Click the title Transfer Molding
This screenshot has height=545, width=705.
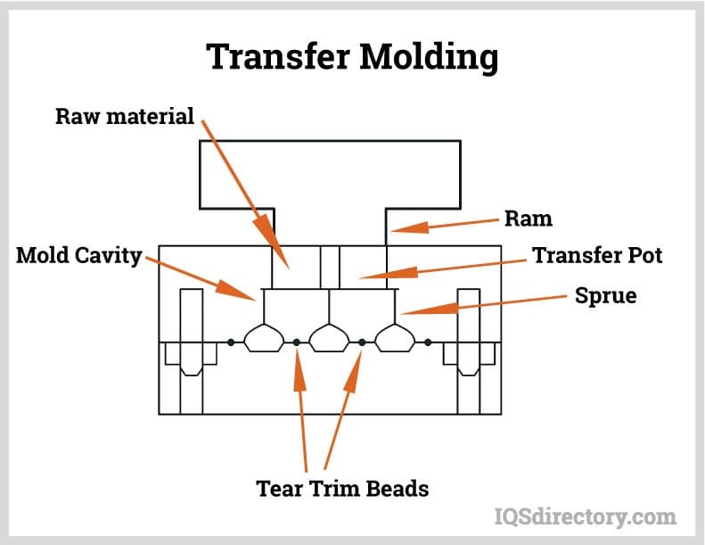tap(352, 57)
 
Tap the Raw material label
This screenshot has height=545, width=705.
tap(125, 117)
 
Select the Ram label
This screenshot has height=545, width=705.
tap(529, 219)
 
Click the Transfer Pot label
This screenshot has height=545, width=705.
tap(597, 255)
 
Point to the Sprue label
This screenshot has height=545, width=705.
tap(606, 295)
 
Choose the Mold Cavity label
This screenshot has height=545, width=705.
tap(79, 257)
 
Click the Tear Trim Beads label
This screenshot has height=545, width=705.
tap(342, 489)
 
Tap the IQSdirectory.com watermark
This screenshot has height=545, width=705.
tap(585, 516)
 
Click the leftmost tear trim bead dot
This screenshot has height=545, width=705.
tap(231, 342)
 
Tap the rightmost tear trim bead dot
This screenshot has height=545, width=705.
tap(429, 342)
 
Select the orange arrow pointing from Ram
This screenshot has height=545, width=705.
tap(445, 226)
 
